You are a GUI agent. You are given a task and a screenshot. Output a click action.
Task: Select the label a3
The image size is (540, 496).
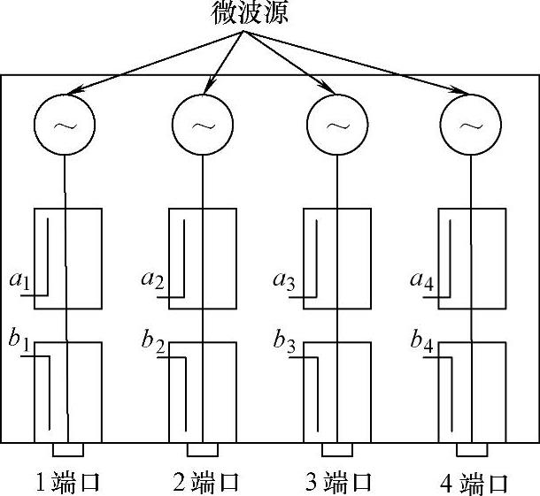pyautogui.click(x=285, y=282)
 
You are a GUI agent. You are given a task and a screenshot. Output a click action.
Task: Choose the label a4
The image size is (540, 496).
pyautogui.click(x=421, y=282)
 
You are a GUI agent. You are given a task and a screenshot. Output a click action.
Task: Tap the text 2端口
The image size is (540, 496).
pyautogui.click(x=205, y=483)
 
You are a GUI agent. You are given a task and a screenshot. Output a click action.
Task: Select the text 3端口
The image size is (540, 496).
pyautogui.click(x=338, y=483)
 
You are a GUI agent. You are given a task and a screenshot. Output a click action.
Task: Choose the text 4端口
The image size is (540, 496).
pyautogui.click(x=474, y=483)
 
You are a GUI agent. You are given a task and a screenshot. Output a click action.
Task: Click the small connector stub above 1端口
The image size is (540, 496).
pyautogui.click(x=68, y=449)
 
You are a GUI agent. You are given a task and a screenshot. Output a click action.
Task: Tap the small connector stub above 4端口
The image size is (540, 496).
pyautogui.click(x=472, y=449)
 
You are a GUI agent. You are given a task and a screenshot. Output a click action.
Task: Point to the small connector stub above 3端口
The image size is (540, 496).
pyautogui.click(x=336, y=449)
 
